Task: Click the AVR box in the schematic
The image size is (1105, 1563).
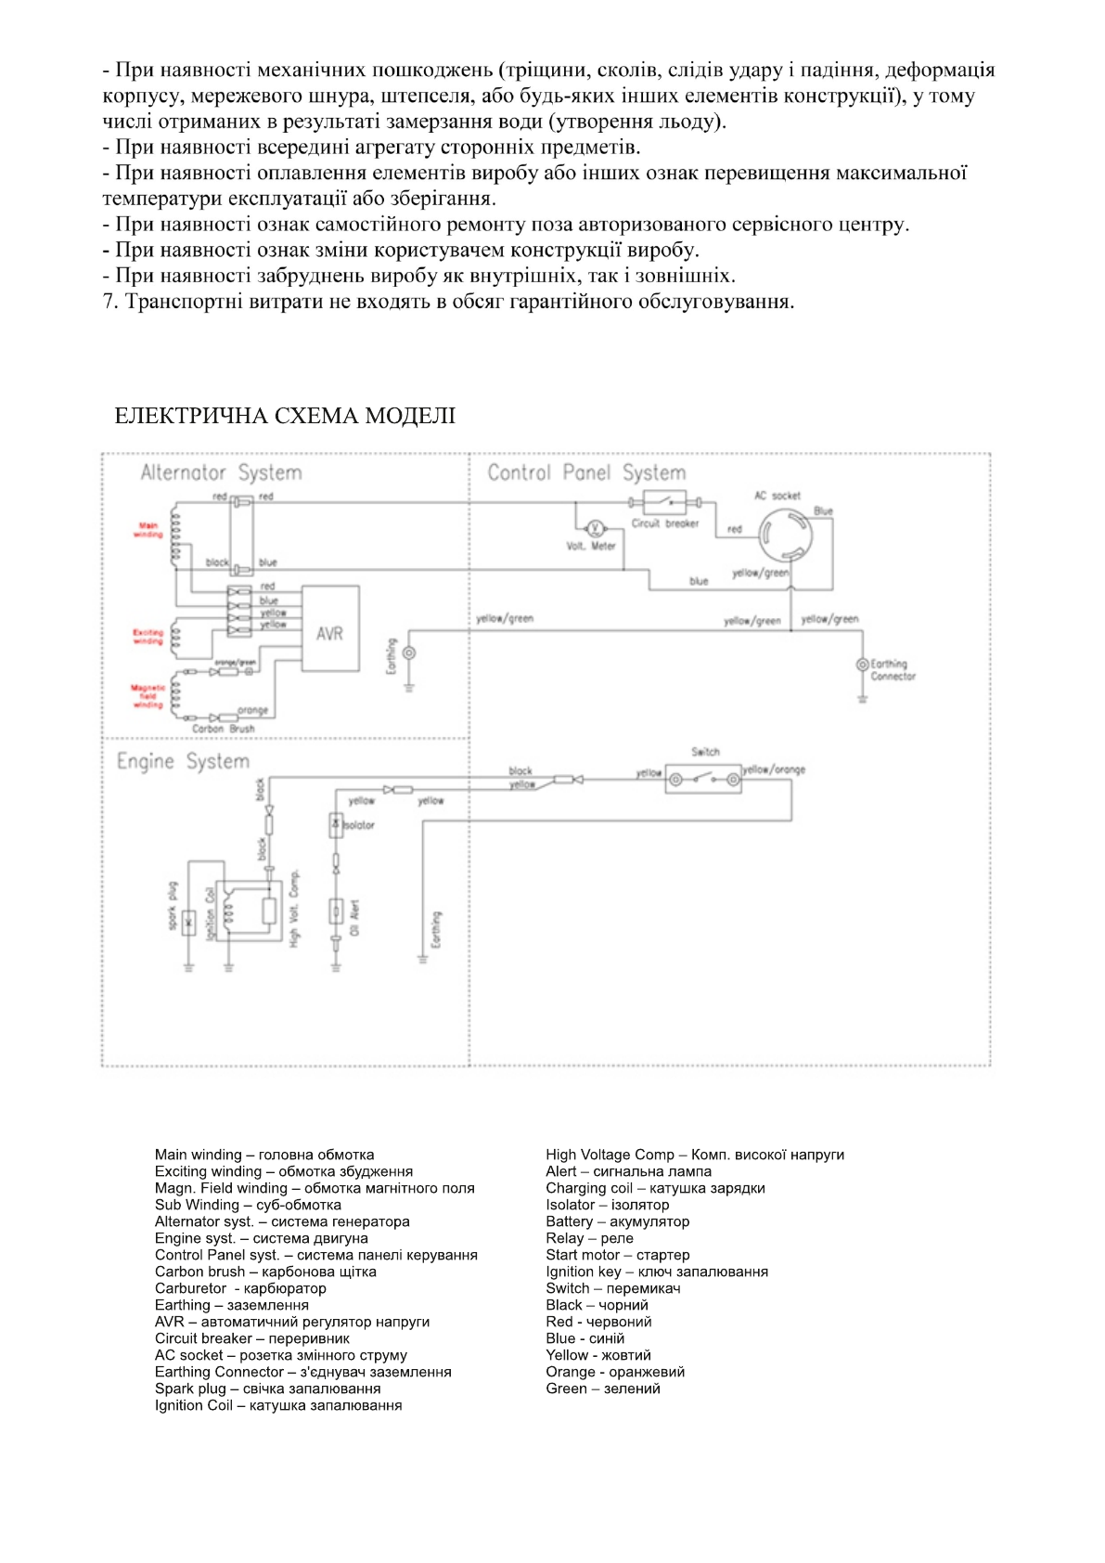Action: pos(330,630)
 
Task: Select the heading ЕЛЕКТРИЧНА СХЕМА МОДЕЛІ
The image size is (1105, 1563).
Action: pos(285,416)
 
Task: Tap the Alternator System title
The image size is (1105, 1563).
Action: pos(221,472)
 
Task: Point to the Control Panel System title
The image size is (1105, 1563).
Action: pos(586,472)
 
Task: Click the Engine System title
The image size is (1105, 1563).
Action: pos(183,761)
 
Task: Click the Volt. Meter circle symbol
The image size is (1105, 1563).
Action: pos(596,528)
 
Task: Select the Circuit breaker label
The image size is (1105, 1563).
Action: pos(664,523)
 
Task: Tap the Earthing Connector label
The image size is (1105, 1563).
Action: pos(892,670)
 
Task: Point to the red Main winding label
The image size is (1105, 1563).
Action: pos(148,530)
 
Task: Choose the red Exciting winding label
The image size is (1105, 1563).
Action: pos(148,637)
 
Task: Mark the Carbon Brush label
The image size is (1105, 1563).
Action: pos(223,729)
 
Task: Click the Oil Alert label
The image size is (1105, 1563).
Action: pos(354,917)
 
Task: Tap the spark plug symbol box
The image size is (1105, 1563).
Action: pos(189,923)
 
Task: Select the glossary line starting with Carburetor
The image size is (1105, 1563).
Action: pos(240,1288)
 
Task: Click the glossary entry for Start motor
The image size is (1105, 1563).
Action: pos(617,1255)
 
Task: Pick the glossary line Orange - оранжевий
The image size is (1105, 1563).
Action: pos(615,1372)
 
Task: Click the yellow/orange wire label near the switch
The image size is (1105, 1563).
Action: pos(775,769)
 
